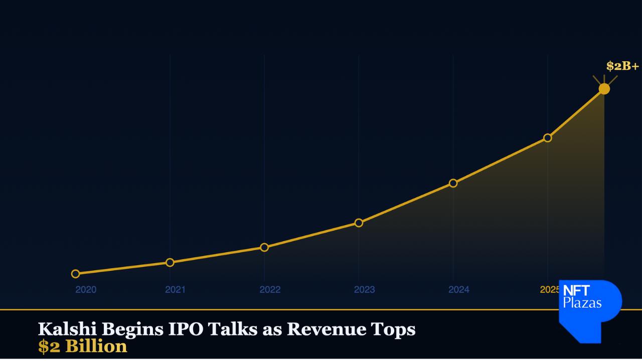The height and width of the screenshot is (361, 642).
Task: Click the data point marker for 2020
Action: tap(75, 274)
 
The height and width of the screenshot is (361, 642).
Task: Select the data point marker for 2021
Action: tap(170, 262)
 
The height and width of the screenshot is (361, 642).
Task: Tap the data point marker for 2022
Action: tap(264, 247)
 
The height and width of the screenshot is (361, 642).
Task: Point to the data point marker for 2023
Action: tap(359, 223)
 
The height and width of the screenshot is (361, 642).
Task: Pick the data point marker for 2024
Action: tap(453, 183)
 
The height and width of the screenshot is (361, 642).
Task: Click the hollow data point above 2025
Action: tap(548, 138)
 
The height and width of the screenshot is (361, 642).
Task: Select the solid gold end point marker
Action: tap(604, 89)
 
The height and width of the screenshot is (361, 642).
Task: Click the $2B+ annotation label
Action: tap(622, 66)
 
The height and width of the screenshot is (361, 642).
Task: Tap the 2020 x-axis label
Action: tap(86, 290)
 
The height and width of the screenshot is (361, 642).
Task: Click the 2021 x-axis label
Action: tap(176, 290)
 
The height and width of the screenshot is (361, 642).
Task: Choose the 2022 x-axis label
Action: tap(270, 290)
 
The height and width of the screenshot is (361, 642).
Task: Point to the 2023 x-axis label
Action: tap(364, 290)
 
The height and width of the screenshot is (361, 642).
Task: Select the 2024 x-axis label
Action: tap(459, 290)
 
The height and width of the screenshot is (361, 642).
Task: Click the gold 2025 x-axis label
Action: tap(549, 290)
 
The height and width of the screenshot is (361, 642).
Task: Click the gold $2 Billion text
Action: tap(83, 346)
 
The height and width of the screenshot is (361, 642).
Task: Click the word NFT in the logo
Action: tap(576, 291)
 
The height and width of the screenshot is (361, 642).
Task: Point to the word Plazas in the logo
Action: tap(582, 302)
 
